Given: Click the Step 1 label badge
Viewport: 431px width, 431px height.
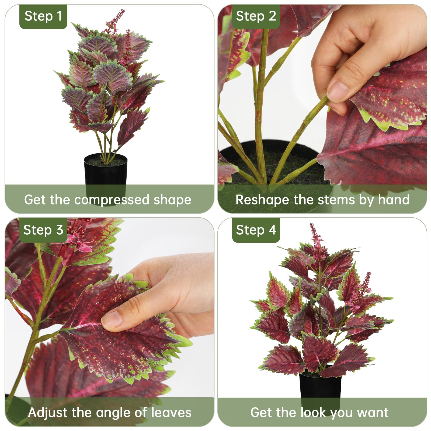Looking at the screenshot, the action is [x=43, y=16].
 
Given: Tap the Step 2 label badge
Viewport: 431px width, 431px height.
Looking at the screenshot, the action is [x=256, y=16].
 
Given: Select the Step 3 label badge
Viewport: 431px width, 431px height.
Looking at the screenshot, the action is [x=43, y=230].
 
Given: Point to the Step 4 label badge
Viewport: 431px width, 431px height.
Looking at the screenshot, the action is [x=256, y=230].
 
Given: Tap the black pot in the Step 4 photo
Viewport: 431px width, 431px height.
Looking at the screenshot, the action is [x=320, y=388].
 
